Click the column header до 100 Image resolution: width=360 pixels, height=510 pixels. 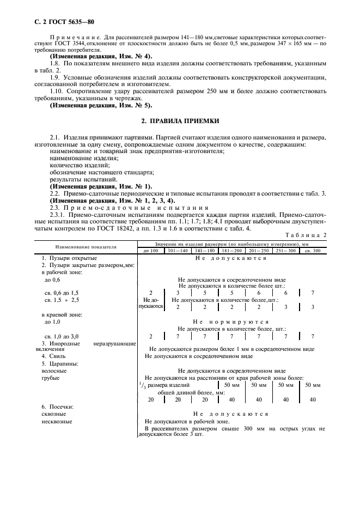pos(150,250)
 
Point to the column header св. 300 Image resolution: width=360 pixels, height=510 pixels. pos(312,250)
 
